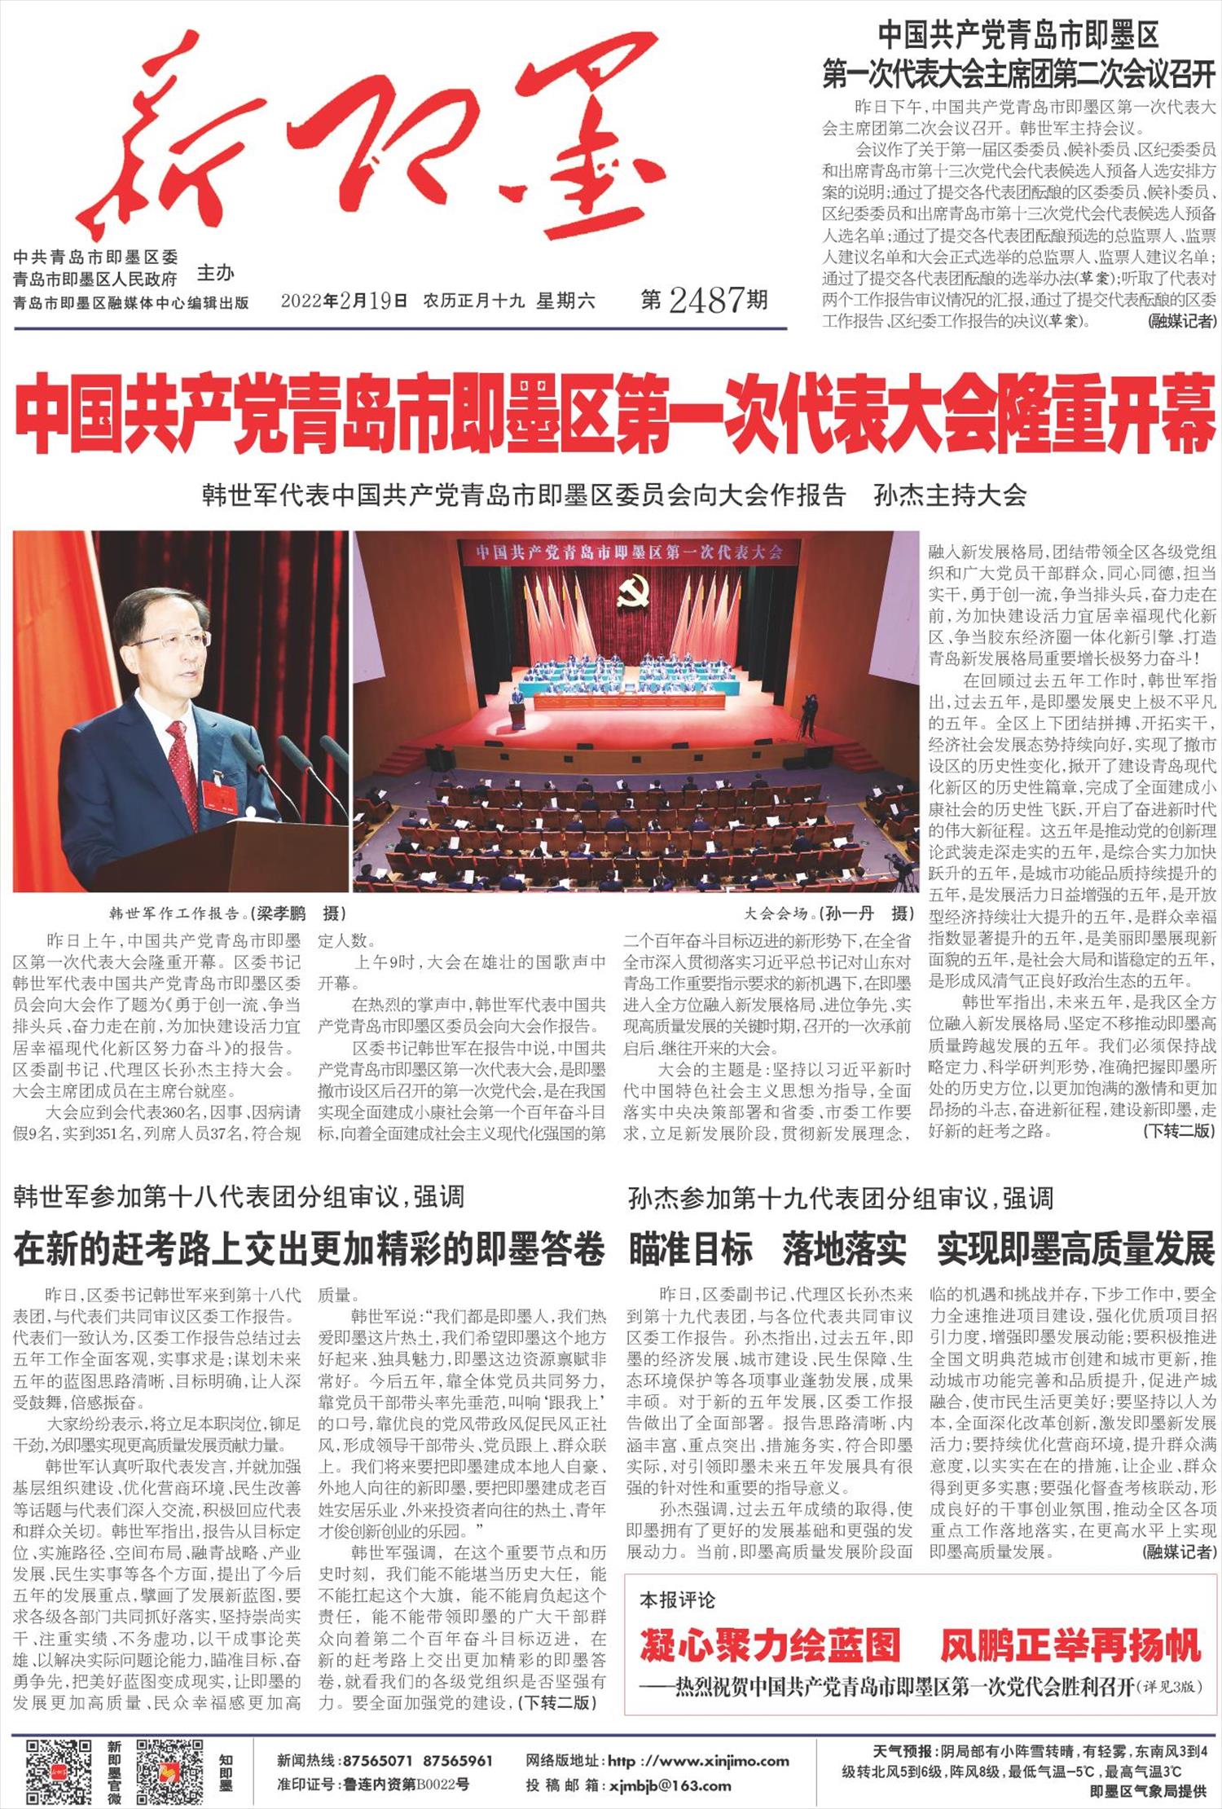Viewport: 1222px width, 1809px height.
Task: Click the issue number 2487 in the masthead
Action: [706, 301]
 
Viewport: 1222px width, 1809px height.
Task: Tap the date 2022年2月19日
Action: [344, 301]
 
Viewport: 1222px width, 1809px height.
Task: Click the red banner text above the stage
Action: [629, 552]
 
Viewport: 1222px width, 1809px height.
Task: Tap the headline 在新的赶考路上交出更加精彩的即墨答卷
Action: [310, 1251]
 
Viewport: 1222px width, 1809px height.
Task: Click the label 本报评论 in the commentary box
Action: [677, 1600]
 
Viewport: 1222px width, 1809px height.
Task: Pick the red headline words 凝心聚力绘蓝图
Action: [770, 1645]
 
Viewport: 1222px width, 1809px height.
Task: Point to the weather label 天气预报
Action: [902, 1750]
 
